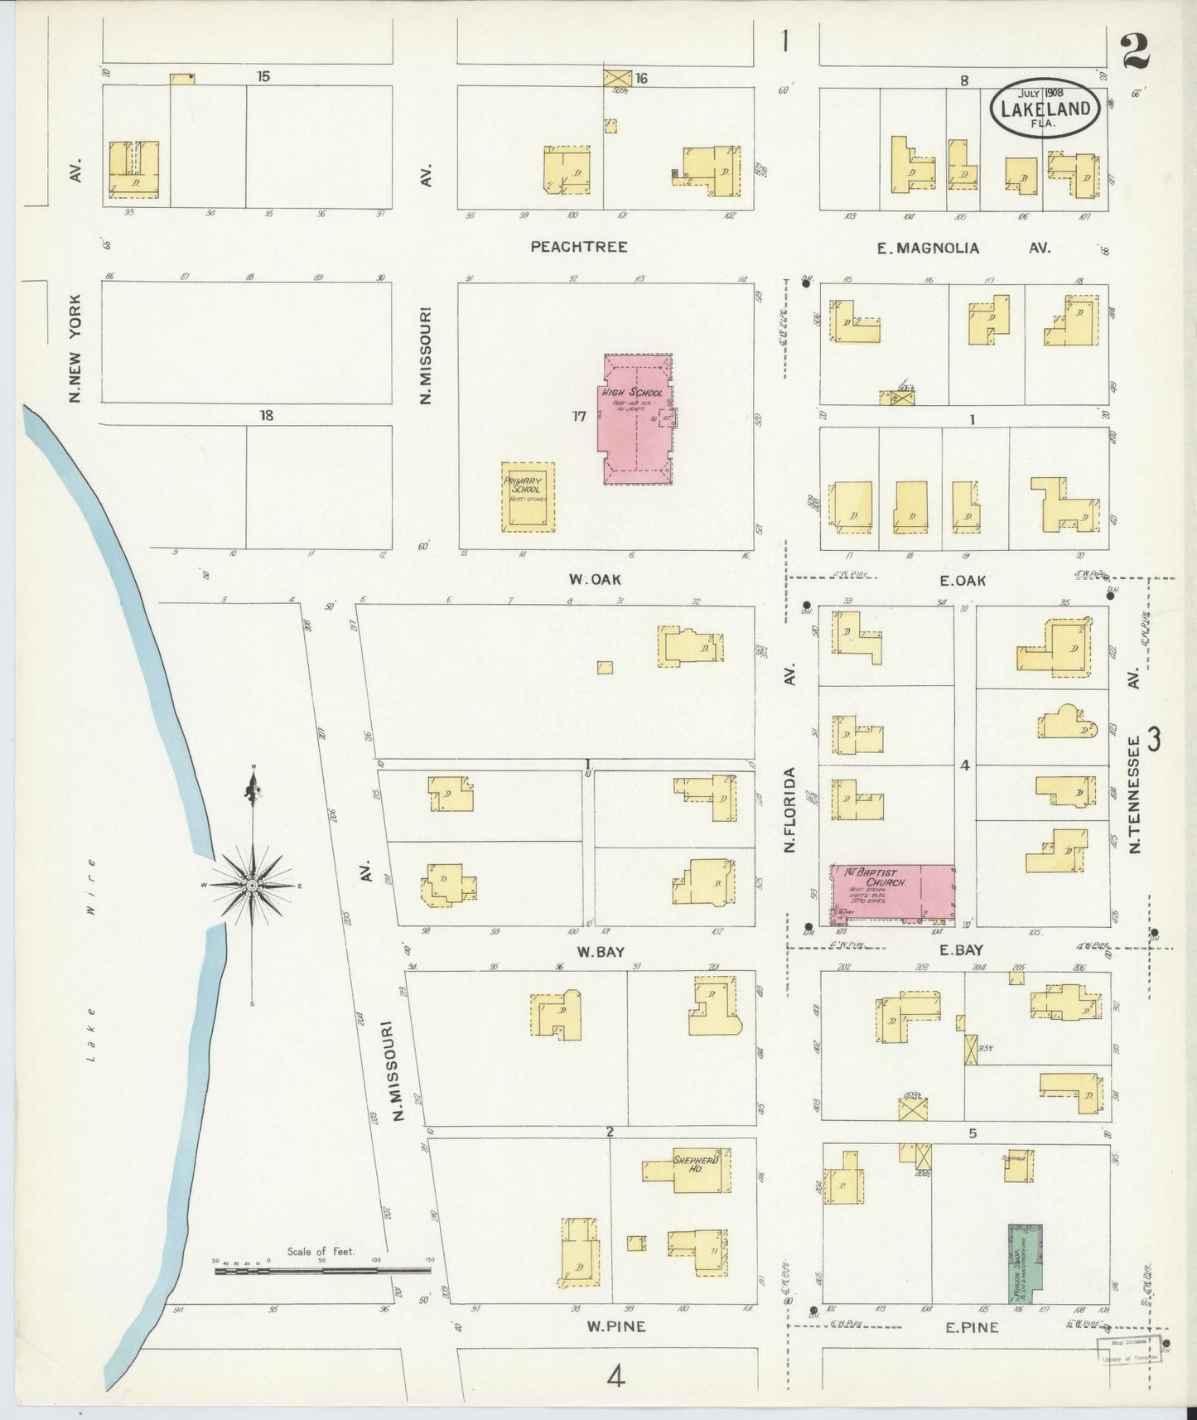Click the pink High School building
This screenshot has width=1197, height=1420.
[x=636, y=418]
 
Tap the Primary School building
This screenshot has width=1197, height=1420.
[x=528, y=497]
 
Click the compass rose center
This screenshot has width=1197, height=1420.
[x=252, y=886]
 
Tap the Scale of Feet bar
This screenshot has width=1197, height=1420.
[x=323, y=1270]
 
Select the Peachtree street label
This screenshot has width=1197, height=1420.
[x=579, y=247]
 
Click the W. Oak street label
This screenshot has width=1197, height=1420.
[x=594, y=579]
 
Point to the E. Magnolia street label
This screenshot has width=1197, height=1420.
[x=929, y=248]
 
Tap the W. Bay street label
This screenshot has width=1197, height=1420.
[x=601, y=952]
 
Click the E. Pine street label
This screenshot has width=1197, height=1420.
[x=972, y=1327]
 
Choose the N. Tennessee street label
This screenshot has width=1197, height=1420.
[x=1135, y=795]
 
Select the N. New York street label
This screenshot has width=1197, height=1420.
[x=75, y=349]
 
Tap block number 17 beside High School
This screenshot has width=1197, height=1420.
[x=579, y=416]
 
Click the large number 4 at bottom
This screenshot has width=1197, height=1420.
[x=615, y=1377]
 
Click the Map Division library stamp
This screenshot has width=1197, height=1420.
[x=1128, y=1349]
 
